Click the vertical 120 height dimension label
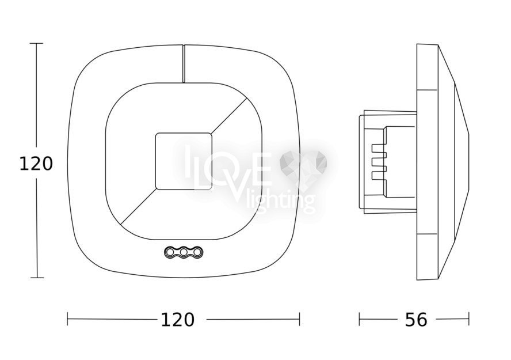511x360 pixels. pyautogui.click(x=36, y=164)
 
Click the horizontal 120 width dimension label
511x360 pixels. pyautogui.click(x=178, y=320)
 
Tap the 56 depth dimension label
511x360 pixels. pyautogui.click(x=416, y=320)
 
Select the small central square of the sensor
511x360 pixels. pyautogui.click(x=184, y=161)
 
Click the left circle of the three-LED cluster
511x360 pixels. pyautogui.click(x=170, y=252)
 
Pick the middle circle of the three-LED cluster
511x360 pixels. pyautogui.click(x=184, y=252)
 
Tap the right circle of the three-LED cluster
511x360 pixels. pyautogui.click(x=197, y=252)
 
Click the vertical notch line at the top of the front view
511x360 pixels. pyautogui.click(x=184, y=63)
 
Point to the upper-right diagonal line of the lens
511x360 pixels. pyautogui.click(x=229, y=115)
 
